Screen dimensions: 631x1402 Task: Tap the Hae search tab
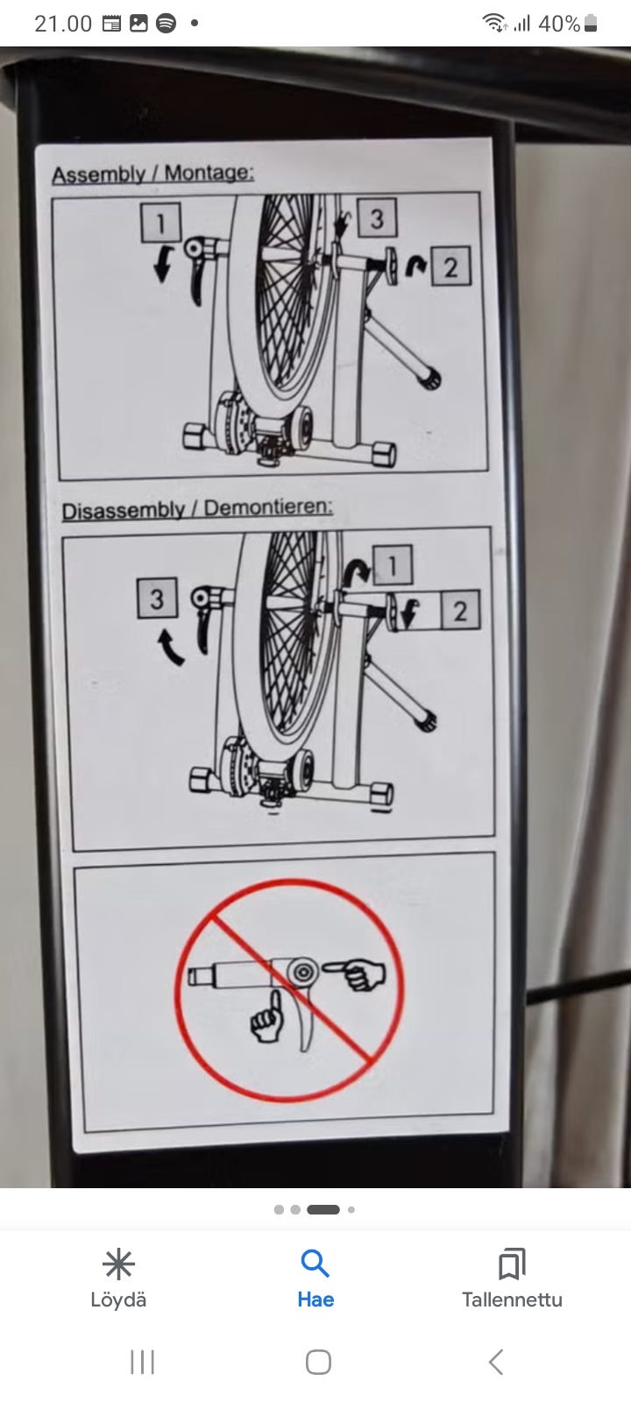pos(315,1278)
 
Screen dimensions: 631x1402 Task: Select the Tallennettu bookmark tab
pos(512,1278)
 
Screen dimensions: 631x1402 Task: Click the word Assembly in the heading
pos(98,174)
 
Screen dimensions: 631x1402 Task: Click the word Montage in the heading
pos(209,172)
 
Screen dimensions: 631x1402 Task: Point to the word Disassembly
pos(123,510)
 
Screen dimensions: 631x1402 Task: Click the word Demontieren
pos(268,507)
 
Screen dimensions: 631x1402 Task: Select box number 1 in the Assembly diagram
pos(160,223)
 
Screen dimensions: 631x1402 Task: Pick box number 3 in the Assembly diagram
pos(377,218)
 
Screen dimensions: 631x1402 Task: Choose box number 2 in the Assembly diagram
pos(450,266)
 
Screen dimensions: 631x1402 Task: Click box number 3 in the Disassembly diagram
pos(157,598)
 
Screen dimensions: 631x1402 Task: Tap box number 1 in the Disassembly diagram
pos(393,565)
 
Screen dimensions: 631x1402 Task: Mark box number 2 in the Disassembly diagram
pos(461,610)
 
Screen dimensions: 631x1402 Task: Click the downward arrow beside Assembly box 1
pos(163,264)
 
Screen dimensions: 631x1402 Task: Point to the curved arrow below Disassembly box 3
pos(170,648)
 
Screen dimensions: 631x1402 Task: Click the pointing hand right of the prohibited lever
pos(354,974)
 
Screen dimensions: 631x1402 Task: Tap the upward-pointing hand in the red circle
pos(268,1016)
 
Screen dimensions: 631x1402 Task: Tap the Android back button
pos(495,1362)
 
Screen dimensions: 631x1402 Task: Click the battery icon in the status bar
pos(591,23)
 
